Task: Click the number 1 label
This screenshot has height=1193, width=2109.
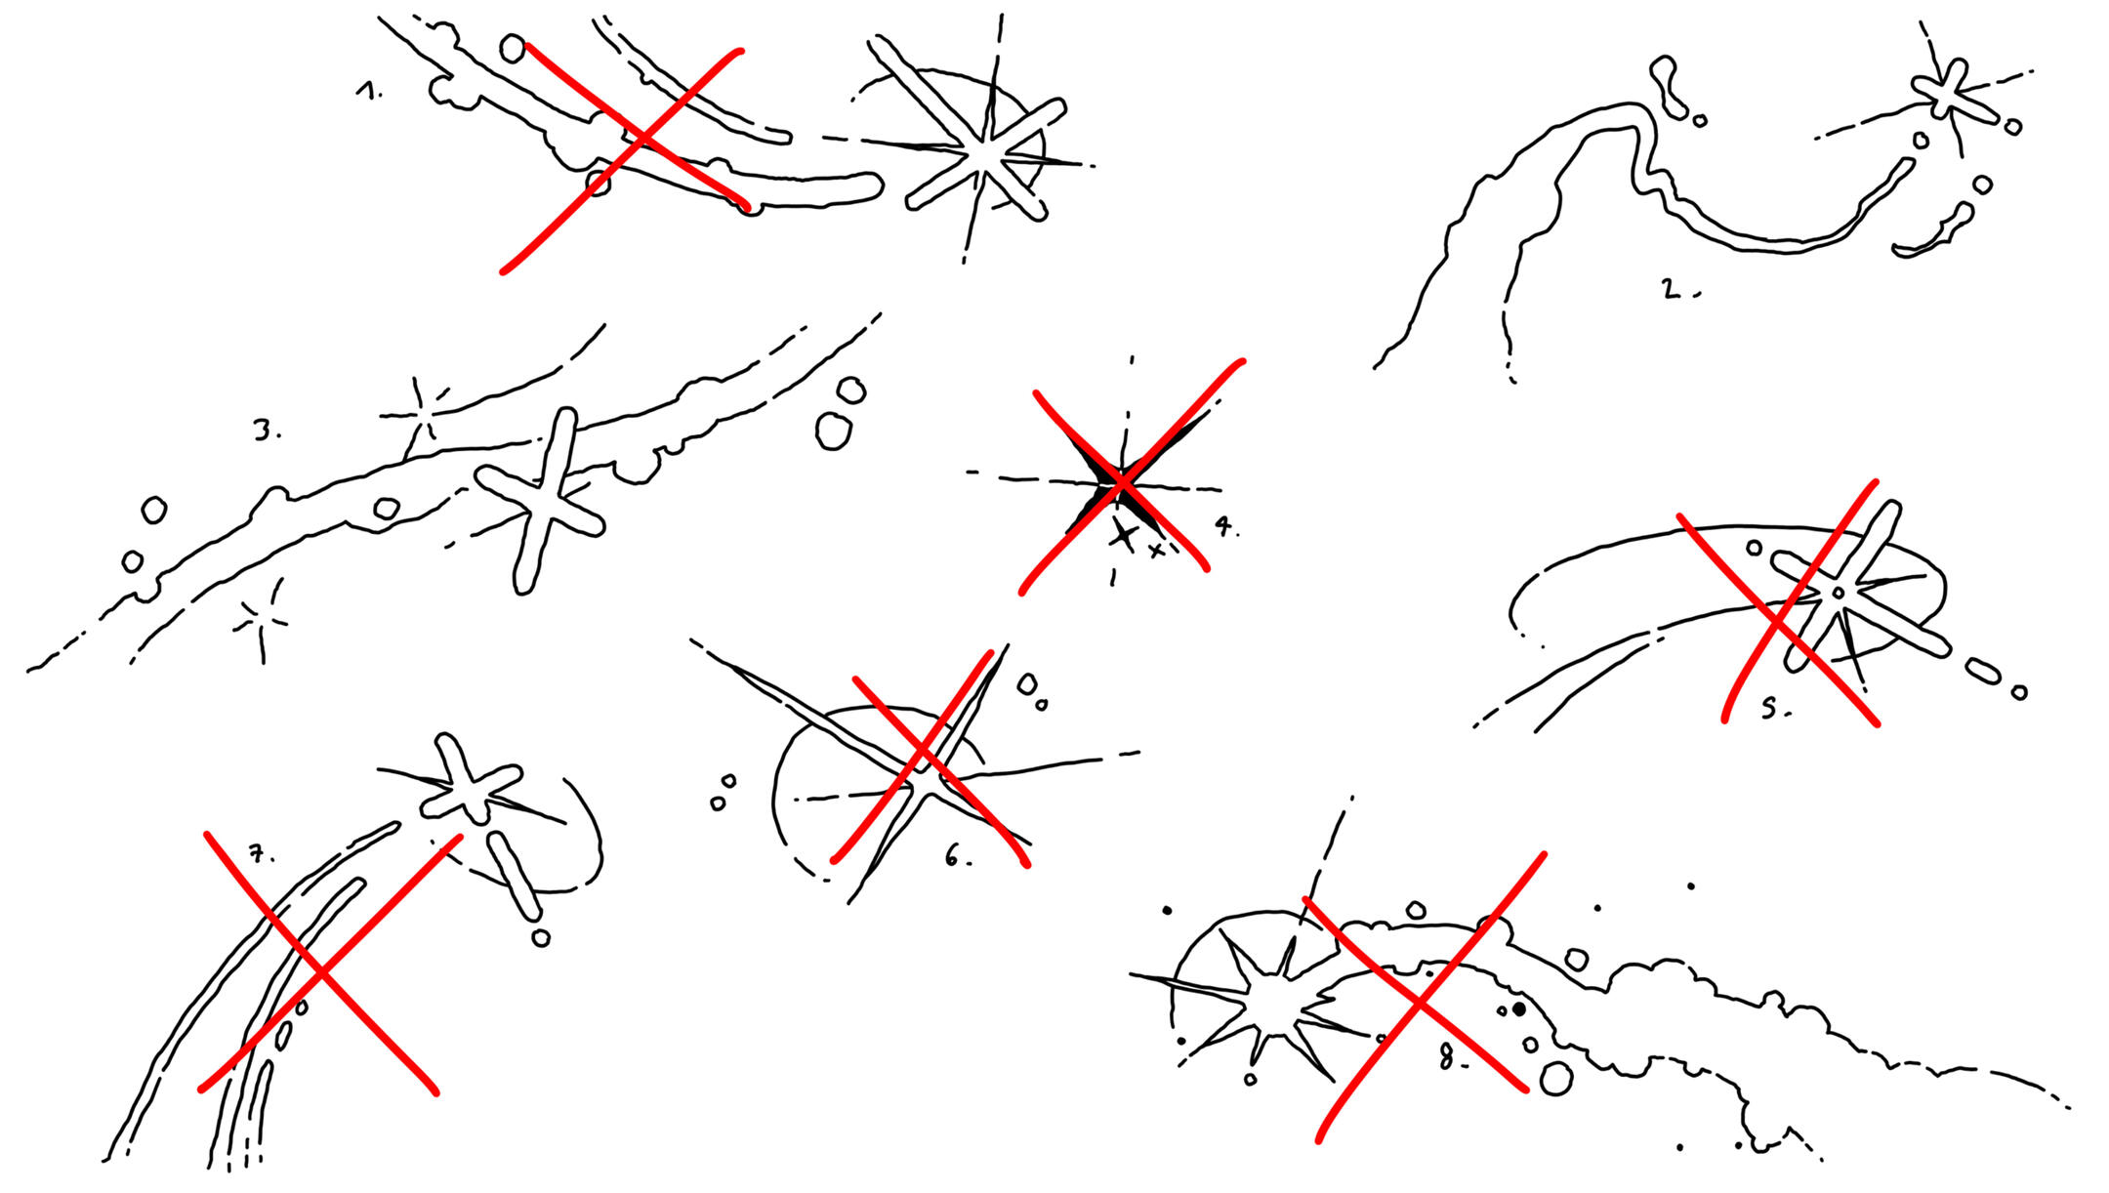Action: (x=367, y=92)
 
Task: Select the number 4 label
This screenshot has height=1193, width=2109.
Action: (x=1226, y=527)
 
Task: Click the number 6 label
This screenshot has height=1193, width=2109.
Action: (x=958, y=858)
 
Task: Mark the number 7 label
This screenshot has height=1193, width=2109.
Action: (x=260, y=855)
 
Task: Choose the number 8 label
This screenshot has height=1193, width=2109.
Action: (x=1452, y=1057)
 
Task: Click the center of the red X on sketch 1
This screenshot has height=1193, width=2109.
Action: (x=641, y=140)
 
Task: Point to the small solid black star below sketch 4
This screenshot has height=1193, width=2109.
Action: (x=1123, y=534)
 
